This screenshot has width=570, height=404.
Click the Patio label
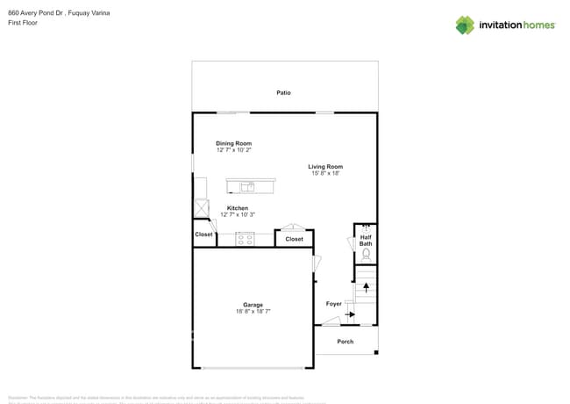click(x=283, y=92)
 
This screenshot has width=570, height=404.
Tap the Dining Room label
click(x=234, y=143)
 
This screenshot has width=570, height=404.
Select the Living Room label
click(x=325, y=166)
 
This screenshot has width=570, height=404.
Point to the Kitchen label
click(x=237, y=208)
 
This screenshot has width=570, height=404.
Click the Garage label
click(x=253, y=305)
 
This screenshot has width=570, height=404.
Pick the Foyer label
click(x=333, y=304)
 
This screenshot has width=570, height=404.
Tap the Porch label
click(x=346, y=341)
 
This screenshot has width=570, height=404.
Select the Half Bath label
click(x=366, y=240)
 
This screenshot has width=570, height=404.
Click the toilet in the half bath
click(x=366, y=255)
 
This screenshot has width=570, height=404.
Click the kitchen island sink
click(x=248, y=186)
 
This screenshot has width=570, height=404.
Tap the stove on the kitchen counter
click(x=245, y=238)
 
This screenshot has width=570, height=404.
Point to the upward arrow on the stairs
click(x=366, y=286)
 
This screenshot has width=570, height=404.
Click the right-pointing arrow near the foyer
click(x=350, y=314)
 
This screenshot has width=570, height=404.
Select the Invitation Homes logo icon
click(x=465, y=25)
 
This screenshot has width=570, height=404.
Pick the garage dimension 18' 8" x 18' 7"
click(x=253, y=312)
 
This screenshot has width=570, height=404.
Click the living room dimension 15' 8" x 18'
click(x=325, y=173)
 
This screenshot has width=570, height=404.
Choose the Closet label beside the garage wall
click(x=204, y=234)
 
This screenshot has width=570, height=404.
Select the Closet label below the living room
click(x=295, y=239)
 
